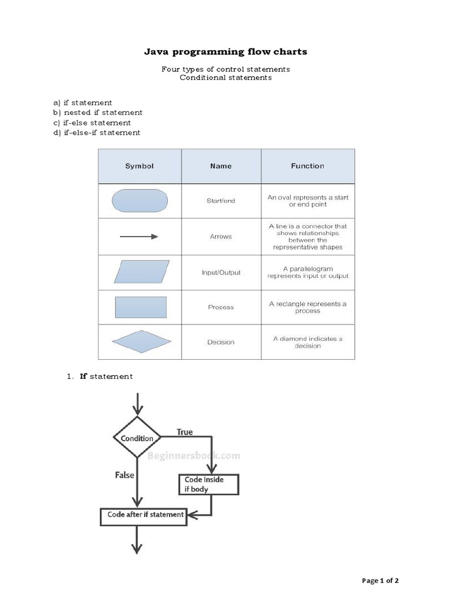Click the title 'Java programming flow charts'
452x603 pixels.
point(226,52)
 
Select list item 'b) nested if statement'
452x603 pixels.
point(98,112)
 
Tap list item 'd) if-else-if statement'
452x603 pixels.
point(97,132)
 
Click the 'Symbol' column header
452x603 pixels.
point(139,166)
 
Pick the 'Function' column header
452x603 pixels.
point(307,166)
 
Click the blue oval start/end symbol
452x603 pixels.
point(139,200)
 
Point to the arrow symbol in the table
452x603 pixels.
point(139,236)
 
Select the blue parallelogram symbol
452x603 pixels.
point(139,272)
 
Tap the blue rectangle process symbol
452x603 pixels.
point(139,307)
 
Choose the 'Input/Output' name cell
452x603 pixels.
point(221,273)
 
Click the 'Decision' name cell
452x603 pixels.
point(221,342)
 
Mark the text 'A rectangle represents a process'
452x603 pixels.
point(308,307)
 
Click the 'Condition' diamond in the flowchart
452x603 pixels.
point(137,438)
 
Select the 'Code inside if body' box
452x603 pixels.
point(208,484)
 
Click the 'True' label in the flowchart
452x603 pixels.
point(185,432)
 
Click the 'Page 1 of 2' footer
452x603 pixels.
point(380,581)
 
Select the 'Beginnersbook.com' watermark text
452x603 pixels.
point(194,455)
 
